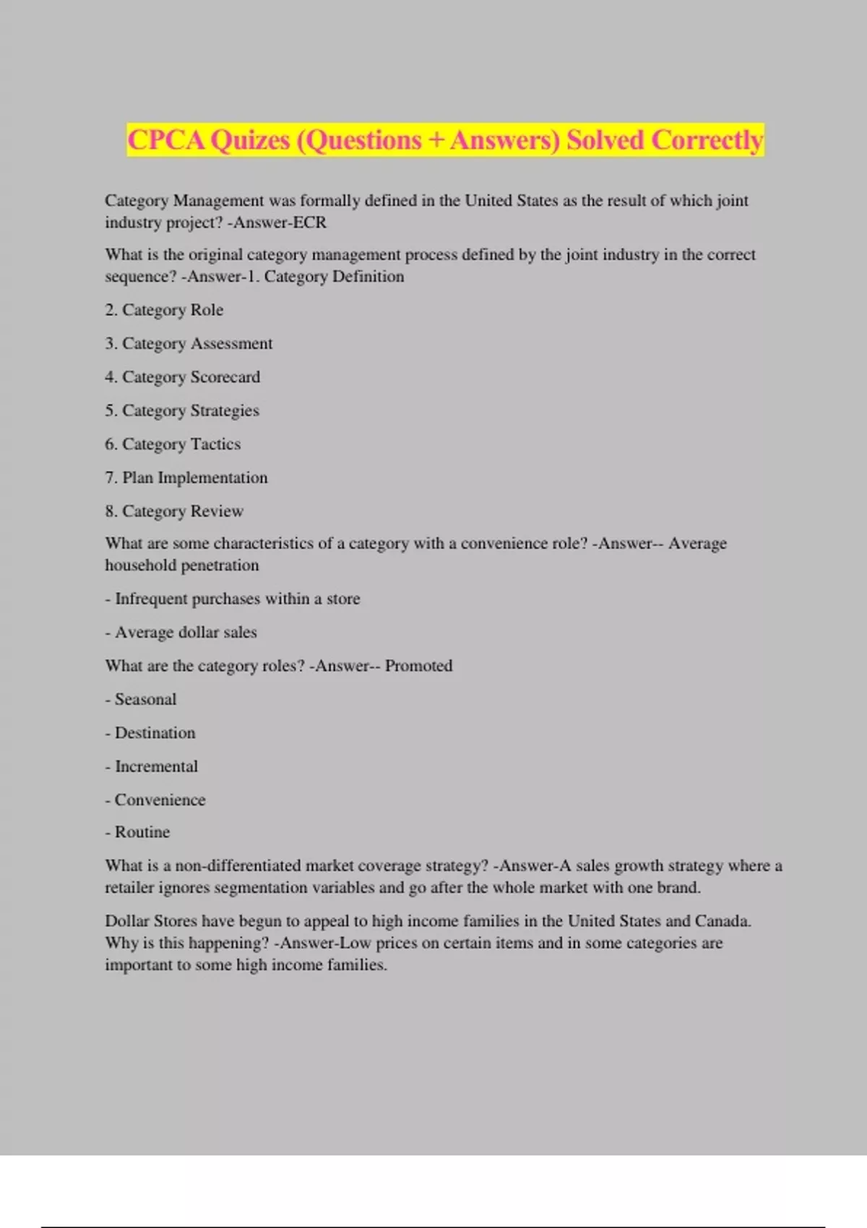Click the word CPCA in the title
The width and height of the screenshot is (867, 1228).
166,140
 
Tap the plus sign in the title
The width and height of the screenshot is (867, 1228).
436,140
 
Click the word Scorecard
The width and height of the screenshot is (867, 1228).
225,377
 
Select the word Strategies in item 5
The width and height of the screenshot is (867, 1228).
225,410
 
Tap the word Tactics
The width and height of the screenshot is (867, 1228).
215,444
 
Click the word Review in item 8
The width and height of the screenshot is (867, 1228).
217,511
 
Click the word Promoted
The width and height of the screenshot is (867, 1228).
418,665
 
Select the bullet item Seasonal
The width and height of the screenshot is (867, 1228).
145,699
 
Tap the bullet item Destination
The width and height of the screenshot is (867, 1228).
155,732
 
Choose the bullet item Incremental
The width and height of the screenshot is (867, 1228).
156,766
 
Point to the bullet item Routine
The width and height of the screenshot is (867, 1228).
142,832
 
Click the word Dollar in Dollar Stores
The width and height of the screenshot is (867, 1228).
126,921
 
